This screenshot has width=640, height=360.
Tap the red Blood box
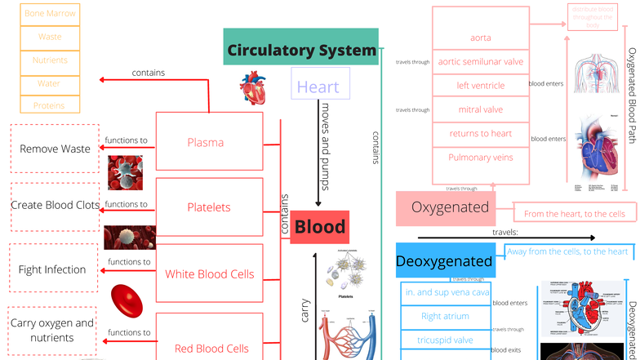coord(319,227)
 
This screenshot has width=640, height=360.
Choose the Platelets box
coord(209,208)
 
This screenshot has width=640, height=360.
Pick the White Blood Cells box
coord(209,274)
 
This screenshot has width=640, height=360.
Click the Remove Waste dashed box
coord(55,149)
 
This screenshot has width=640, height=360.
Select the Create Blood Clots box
coord(55,205)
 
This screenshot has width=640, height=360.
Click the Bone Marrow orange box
coord(50,14)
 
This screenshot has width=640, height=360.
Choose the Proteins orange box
coord(50,106)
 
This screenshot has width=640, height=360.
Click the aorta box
coord(480,38)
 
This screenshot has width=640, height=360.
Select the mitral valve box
coord(480,109)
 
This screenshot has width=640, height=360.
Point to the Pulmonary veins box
coord(480,157)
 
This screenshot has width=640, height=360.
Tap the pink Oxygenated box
coord(450,208)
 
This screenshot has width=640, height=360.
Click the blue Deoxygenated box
coord(445,261)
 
